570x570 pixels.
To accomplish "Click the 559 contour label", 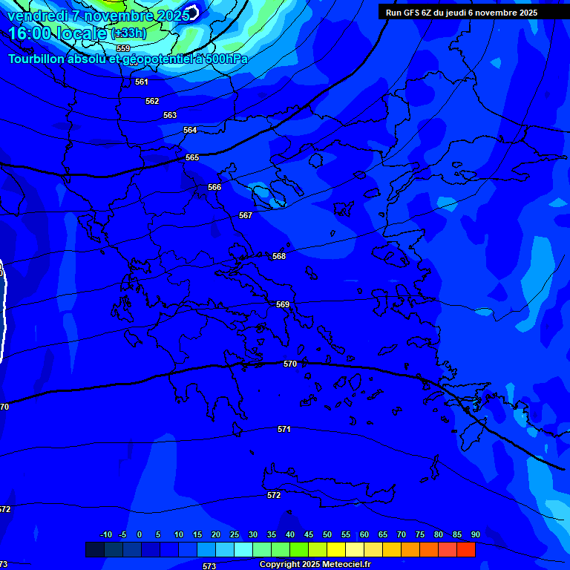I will pos(123,48).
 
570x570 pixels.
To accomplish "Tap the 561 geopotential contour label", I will pos(142,82).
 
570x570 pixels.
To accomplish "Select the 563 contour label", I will pos(170,115).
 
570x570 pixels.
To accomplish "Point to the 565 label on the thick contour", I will pos(192,157).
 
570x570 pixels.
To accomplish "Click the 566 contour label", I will pos(214,187).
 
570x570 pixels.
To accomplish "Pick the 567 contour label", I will pos(246,215).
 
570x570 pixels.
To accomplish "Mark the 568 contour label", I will pos(279,256).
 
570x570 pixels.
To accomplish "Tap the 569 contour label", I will pos(283,304).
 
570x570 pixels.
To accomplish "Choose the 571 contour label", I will pos(284,429).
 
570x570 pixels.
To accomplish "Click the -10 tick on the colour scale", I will pos(105,534).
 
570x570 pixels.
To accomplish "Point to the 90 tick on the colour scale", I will pos(475,534).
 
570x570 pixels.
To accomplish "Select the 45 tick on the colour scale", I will pos(308,534).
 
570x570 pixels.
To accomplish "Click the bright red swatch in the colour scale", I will pos(465,549).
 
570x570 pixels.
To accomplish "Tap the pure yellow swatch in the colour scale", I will pos(335,549).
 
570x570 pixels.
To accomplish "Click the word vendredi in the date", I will pos(38,15).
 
